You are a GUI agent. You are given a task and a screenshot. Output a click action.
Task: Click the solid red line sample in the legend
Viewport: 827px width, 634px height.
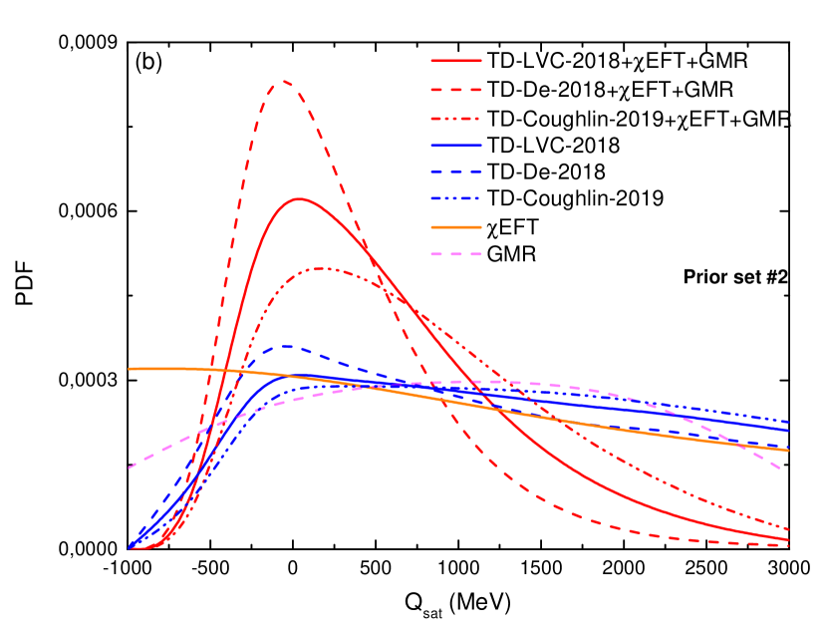[456, 61]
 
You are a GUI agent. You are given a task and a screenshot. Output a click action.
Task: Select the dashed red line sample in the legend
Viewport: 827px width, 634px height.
[456, 90]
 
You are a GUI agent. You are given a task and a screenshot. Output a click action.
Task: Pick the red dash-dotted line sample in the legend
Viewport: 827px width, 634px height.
[456, 119]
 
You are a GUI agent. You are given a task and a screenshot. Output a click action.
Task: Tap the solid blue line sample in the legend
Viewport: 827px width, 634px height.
[456, 146]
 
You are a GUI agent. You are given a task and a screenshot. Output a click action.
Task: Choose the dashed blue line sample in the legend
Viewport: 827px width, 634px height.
[456, 172]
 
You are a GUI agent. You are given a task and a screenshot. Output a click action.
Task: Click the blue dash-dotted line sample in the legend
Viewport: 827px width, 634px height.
[456, 199]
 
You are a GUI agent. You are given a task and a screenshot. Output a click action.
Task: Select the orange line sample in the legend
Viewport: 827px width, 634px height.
[456, 227]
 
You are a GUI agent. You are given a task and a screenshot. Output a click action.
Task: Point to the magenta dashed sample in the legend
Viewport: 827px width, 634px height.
[456, 254]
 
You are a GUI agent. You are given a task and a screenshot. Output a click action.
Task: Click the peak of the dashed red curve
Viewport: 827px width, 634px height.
[283, 81]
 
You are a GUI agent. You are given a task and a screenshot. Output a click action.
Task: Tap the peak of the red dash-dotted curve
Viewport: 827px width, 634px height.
[322, 268]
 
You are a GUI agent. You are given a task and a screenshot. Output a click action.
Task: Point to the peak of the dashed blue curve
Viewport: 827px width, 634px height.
[287, 346]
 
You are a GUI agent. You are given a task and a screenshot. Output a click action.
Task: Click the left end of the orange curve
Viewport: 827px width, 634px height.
[130, 369]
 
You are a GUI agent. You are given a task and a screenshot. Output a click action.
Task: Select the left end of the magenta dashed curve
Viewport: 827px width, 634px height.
[130, 468]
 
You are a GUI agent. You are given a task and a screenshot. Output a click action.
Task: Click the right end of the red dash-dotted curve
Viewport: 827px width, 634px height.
[788, 529]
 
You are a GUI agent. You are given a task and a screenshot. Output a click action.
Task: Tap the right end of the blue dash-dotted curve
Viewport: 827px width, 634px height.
[788, 422]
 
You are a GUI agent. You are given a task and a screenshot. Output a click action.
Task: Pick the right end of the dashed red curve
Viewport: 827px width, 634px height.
[788, 545]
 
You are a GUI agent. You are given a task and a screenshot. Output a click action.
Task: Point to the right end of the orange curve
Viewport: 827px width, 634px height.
[788, 451]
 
